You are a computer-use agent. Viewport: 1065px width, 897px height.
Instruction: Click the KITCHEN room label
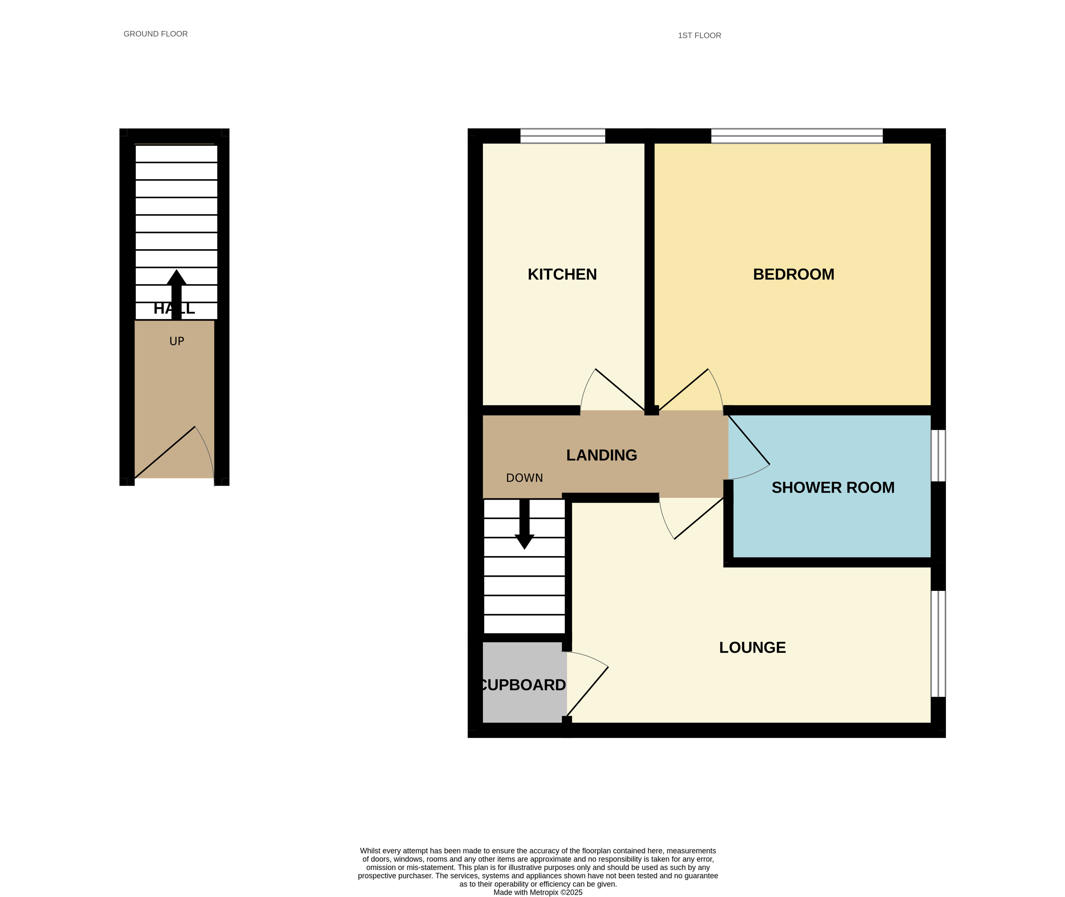point(562,274)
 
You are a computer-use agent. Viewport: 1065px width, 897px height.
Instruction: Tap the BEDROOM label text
point(793,274)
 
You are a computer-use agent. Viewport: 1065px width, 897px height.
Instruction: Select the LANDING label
point(602,455)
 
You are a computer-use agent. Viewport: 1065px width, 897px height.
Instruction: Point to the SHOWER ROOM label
point(833,488)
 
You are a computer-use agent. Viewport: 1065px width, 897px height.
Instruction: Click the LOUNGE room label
point(753,647)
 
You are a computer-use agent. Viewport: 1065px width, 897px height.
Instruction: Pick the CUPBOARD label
point(523,685)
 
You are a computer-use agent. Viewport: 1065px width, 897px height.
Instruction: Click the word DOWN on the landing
point(524,478)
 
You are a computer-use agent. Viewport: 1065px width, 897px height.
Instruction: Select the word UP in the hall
point(177,341)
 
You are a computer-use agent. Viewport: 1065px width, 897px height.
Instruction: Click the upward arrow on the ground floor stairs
point(176,295)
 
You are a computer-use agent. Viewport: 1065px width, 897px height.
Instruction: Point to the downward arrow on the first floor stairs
point(524,524)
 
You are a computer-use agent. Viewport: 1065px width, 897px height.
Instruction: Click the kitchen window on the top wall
point(562,136)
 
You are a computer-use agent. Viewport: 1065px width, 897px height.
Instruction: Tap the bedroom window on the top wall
point(797,136)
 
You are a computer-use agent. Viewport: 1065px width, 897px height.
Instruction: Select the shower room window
point(938,456)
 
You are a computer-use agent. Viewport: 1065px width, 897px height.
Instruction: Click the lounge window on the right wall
point(938,644)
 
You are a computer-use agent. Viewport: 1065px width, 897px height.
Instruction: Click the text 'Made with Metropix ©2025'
point(538,892)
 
